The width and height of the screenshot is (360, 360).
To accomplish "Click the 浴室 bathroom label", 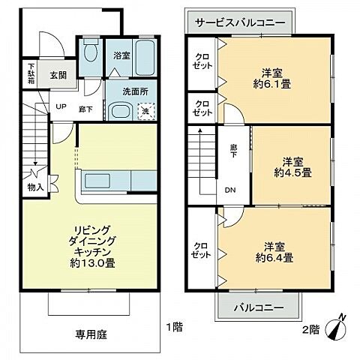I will point(121,55).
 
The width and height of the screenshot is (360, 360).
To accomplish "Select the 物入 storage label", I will point(36,186).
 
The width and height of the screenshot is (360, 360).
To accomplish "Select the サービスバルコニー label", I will point(239,22).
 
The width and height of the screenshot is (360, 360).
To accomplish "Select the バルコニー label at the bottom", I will point(258,307).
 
